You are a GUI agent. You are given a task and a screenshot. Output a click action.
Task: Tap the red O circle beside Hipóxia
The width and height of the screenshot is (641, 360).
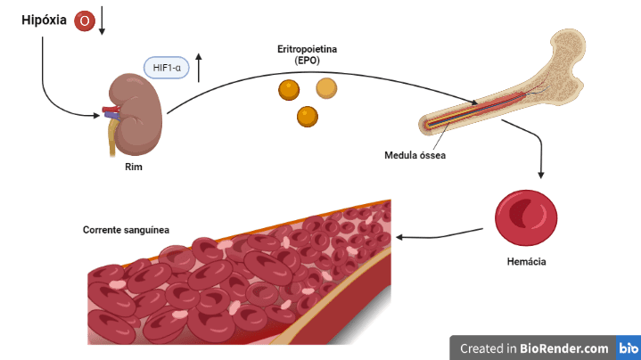[85, 20]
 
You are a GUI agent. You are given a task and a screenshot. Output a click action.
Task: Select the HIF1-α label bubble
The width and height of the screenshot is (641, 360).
[167, 68]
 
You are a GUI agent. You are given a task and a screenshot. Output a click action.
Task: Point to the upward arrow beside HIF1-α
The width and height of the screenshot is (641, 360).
[200, 68]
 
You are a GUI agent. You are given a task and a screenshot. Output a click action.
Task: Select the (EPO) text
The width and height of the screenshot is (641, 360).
[307, 61]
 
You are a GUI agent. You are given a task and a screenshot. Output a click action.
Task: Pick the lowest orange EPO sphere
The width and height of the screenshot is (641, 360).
[308, 116]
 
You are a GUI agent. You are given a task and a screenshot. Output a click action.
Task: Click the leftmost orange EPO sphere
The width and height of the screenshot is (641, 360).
[288, 90]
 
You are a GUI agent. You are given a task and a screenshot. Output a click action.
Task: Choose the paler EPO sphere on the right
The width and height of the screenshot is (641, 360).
[327, 88]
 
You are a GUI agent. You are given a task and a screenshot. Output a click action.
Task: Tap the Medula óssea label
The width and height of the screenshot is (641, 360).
[415, 155]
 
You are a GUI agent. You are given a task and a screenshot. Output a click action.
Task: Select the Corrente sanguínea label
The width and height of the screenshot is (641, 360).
[126, 229]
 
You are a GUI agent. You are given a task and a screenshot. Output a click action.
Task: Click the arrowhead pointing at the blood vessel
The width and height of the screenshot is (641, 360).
[399, 237]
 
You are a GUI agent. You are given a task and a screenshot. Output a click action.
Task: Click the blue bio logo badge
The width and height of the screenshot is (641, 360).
[628, 348]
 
